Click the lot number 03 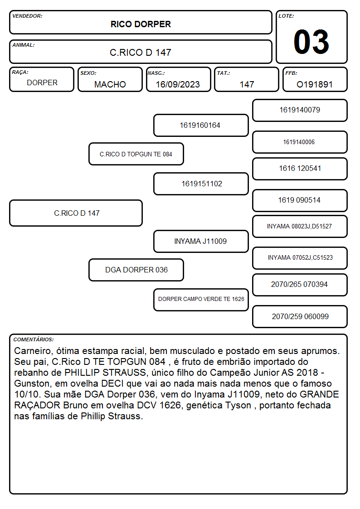(311, 42)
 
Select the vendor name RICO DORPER (141, 24)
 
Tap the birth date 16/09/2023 (178, 84)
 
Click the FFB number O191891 (315, 84)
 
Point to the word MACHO (110, 84)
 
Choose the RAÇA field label (20, 72)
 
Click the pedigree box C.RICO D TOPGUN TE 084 (136, 154)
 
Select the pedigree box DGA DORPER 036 (136, 270)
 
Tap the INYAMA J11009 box (201, 242)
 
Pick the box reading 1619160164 (201, 125)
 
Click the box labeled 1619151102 (201, 184)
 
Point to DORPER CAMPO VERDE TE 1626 (201, 299)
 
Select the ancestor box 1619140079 (300, 111)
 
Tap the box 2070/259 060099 (300, 316)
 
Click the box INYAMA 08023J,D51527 (300, 227)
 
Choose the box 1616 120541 (300, 169)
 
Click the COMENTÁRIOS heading (34, 339)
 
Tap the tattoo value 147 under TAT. (247, 84)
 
